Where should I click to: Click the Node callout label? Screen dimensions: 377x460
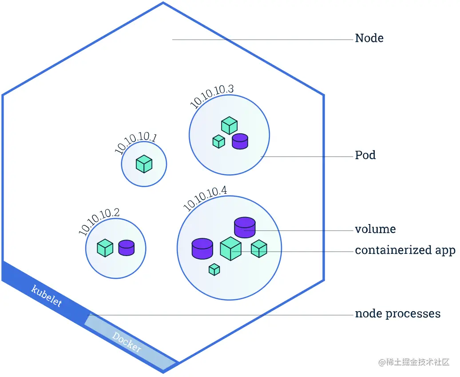click(369, 38)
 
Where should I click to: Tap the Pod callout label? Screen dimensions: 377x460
click(365, 155)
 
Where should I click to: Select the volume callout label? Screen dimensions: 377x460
click(375, 229)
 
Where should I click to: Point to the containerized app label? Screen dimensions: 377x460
click(405, 250)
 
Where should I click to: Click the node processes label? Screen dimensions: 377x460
click(397, 314)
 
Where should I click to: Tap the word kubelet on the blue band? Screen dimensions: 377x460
click(46, 296)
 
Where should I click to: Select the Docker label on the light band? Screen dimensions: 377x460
click(127, 342)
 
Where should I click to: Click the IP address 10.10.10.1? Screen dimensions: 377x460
click(135, 144)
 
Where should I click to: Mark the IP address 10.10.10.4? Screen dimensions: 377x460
click(205, 198)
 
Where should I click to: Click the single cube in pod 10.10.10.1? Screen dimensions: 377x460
click(144, 164)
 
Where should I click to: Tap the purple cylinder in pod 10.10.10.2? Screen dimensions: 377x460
click(126, 248)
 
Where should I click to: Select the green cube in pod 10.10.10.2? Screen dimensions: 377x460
click(105, 248)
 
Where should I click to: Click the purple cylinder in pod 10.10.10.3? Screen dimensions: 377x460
click(240, 141)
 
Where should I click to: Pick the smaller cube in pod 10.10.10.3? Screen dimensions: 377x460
click(218, 141)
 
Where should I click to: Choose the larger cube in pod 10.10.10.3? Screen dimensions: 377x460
click(229, 125)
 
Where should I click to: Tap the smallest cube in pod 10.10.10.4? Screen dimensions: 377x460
click(214, 269)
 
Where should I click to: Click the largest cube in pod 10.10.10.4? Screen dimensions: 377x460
click(230, 249)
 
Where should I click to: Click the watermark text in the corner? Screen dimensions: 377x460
click(414, 362)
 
